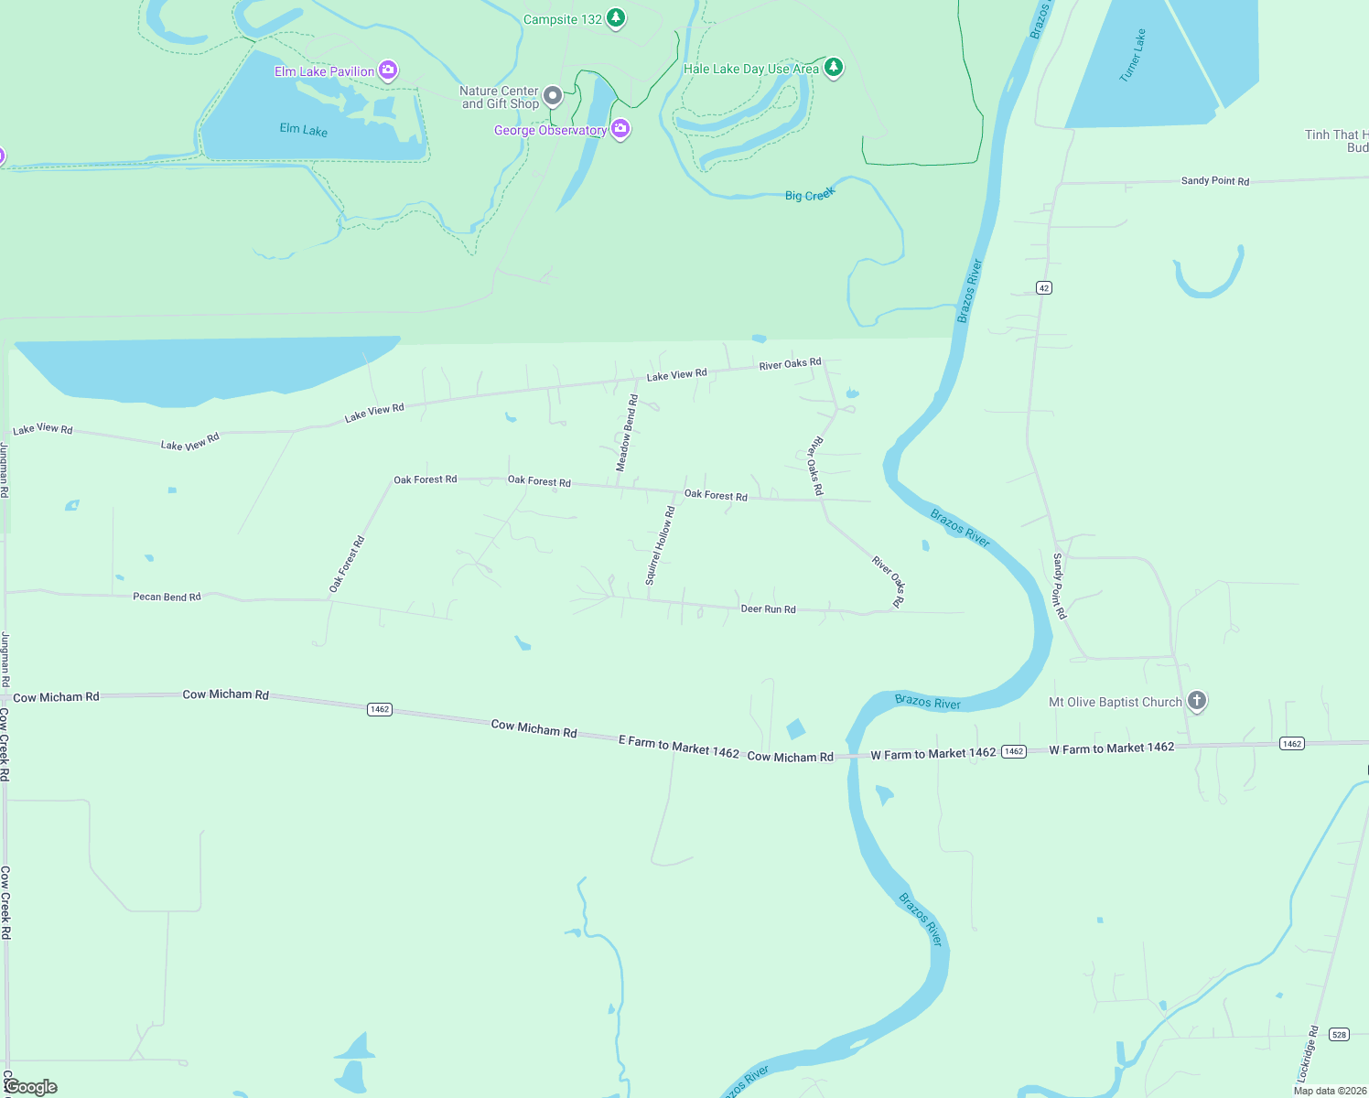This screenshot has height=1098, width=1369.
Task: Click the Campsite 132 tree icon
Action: click(617, 18)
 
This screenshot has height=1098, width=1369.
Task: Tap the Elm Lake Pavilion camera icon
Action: click(388, 70)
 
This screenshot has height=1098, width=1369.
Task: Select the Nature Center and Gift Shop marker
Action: click(553, 96)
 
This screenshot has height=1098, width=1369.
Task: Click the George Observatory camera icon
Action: click(620, 129)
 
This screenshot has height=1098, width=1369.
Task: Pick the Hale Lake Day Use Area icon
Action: click(833, 67)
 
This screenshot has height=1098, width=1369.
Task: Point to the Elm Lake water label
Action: click(304, 130)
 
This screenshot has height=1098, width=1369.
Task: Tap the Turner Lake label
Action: click(1133, 56)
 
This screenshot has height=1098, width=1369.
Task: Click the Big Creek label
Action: click(810, 194)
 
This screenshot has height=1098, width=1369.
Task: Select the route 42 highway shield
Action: click(1044, 288)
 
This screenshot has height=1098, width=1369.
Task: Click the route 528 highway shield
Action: click(1339, 1035)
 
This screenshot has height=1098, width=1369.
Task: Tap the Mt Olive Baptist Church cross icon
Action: click(1196, 701)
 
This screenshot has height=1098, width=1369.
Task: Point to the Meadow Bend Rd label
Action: click(627, 433)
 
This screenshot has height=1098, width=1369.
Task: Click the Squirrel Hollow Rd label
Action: click(660, 545)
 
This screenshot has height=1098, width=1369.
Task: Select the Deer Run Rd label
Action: click(768, 608)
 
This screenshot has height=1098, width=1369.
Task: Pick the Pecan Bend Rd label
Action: click(167, 597)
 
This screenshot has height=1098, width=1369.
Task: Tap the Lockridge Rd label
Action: click(1308, 1053)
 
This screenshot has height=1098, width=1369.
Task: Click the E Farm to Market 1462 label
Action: click(678, 747)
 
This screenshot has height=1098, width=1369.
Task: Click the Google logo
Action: click(31, 1087)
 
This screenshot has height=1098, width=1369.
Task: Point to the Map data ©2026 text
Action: click(1330, 1091)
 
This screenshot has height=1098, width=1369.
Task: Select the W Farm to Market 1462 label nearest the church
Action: click(1111, 748)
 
